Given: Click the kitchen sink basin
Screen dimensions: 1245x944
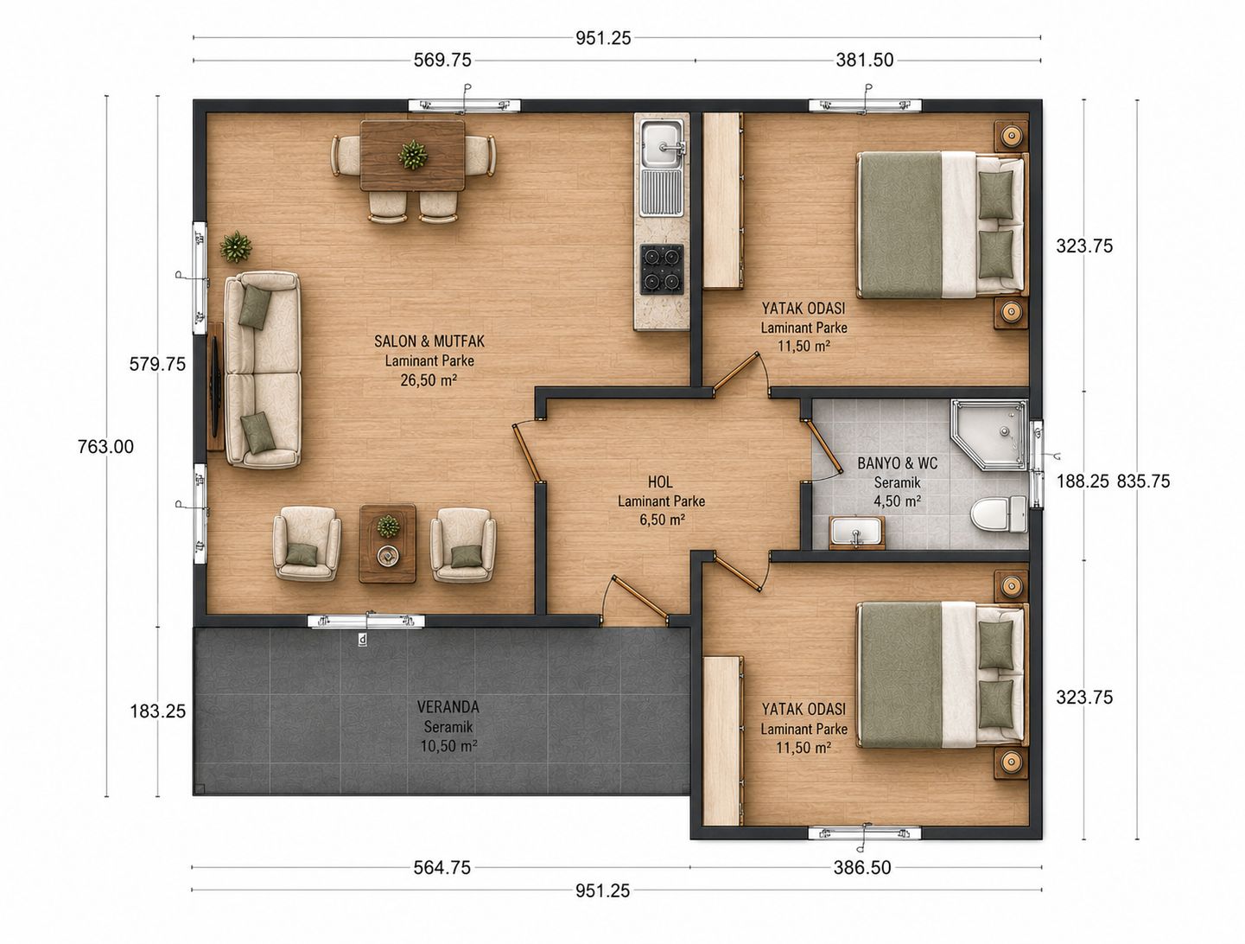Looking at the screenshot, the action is [661, 144].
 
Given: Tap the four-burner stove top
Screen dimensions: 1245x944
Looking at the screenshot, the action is [661, 268].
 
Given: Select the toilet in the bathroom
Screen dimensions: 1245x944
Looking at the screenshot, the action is [999, 514].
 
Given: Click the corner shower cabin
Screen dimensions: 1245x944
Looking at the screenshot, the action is [990, 434].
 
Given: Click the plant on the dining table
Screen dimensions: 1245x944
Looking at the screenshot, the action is [412, 155].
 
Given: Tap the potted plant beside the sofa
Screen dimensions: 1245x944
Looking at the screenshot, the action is [235, 246].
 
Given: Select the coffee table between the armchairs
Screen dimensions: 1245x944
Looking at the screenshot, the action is [387, 543].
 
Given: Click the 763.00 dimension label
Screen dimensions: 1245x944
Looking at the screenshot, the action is [106, 447].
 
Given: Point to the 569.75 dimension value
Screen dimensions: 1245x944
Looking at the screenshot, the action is [442, 61].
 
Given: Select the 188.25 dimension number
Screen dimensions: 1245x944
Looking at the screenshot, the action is [1083, 481].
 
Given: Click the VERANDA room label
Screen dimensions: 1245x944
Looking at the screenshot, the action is [448, 707].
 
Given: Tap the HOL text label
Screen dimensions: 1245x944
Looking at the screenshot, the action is [660, 482].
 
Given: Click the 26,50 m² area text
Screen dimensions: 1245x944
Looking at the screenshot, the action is [429, 380].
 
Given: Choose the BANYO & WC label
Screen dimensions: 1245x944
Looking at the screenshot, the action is [898, 463].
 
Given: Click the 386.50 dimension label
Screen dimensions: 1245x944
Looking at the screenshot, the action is [862, 867].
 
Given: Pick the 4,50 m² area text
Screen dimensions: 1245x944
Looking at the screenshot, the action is [898, 501].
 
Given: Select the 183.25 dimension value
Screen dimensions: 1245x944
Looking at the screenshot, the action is [158, 711].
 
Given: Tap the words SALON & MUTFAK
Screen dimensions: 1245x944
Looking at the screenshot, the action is [429, 341].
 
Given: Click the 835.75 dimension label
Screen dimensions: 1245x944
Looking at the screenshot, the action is [1143, 481].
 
